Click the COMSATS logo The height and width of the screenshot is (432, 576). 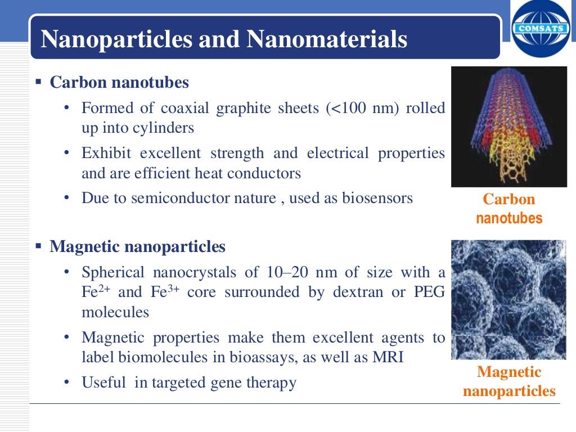click(541, 29)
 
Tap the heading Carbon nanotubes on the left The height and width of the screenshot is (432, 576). click(119, 83)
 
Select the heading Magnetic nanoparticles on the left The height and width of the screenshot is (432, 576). click(137, 246)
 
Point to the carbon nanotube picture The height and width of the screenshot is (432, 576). click(509, 127)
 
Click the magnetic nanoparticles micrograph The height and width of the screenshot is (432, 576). click(509, 299)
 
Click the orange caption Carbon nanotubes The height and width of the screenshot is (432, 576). click(509, 209)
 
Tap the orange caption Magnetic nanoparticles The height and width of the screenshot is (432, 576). click(509, 381)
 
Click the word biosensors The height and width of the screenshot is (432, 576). click(377, 198)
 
